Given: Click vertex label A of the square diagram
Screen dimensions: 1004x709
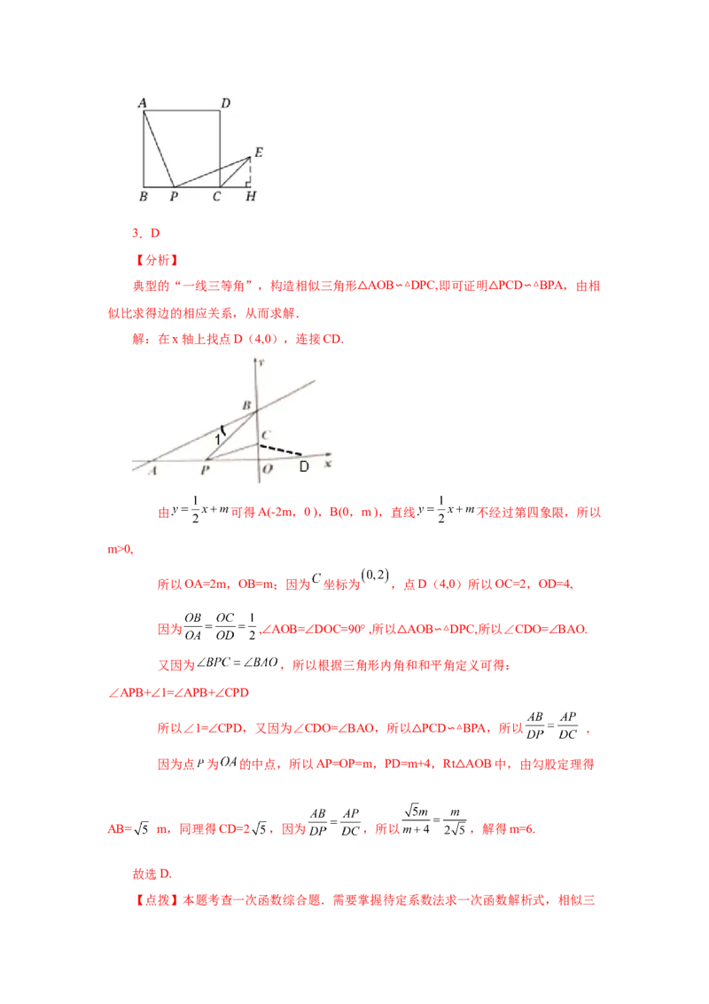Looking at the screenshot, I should click(143, 104).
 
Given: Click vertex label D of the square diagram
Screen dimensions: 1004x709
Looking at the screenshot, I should click(226, 104).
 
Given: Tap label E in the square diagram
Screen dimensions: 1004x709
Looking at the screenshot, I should click(258, 151).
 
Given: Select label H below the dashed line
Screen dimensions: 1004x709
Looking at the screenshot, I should click(251, 196).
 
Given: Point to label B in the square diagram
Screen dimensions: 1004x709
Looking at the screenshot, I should click(144, 196).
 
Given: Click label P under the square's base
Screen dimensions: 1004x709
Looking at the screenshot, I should click(174, 196).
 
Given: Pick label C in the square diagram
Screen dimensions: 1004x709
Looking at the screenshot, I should click(216, 196).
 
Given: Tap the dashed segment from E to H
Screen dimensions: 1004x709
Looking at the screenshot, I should click(251, 170).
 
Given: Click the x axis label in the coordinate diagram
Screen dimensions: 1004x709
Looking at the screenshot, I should click(329, 463).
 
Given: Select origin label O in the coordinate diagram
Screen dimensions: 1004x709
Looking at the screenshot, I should click(266, 470).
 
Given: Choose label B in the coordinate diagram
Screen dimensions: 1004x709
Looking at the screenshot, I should click(247, 405).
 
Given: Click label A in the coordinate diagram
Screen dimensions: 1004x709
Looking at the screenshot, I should click(153, 471).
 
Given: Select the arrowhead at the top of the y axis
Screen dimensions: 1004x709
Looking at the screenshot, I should click(256, 361).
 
